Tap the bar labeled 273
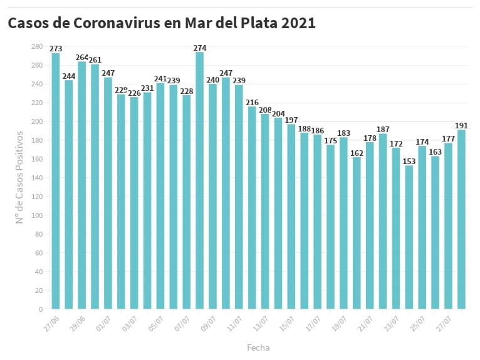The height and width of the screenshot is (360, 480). click(x=56, y=181)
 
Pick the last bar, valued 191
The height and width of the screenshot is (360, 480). click(x=461, y=219)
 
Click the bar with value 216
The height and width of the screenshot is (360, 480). click(x=252, y=207)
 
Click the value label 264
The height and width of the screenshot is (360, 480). click(x=82, y=57)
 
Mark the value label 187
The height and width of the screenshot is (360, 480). click(x=383, y=129)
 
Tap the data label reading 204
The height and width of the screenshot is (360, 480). click(x=278, y=113)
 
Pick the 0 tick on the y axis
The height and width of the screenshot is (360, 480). click(x=40, y=309)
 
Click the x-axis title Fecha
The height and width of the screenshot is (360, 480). click(x=258, y=347)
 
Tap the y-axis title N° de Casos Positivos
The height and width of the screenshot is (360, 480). click(x=19, y=177)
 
